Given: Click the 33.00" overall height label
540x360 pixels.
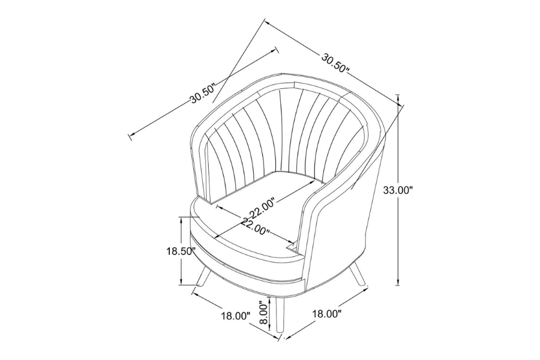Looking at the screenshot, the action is tap(397, 190).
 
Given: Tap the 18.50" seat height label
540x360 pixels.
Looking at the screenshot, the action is tap(181, 251).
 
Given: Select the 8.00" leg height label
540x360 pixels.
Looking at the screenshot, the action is tap(263, 313).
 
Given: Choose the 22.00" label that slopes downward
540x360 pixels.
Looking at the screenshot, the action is tap(255, 226).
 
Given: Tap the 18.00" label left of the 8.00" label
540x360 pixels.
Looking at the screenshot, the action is tap(235, 316).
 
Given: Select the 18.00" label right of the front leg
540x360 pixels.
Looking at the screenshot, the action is tap(327, 314).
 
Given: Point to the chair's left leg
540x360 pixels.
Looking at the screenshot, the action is tap(203, 276).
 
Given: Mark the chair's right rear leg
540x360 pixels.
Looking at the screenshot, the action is tap(357, 274).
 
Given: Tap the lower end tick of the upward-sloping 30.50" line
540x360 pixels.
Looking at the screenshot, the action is tap(130, 137).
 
